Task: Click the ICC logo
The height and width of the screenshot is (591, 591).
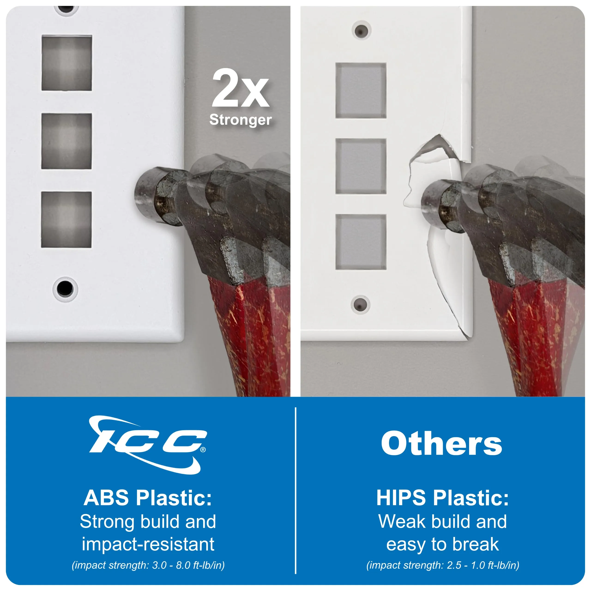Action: pyautogui.click(x=148, y=444)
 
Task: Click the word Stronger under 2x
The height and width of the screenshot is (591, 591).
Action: pyautogui.click(x=240, y=120)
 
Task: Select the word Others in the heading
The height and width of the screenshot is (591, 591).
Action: pyautogui.click(x=441, y=443)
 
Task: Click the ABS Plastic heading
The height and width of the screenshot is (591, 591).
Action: pyautogui.click(x=148, y=498)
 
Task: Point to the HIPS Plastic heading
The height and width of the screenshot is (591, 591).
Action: pyautogui.click(x=442, y=498)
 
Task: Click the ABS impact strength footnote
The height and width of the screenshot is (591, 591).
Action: pyautogui.click(x=148, y=565)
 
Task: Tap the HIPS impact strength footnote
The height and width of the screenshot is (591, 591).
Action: pyautogui.click(x=443, y=565)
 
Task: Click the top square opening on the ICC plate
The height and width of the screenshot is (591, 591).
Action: pyautogui.click(x=67, y=63)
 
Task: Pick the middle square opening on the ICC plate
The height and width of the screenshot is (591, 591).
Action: pyautogui.click(x=67, y=141)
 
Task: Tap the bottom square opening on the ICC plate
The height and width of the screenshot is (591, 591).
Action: pyautogui.click(x=66, y=220)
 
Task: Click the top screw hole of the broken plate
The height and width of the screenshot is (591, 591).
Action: pyautogui.click(x=361, y=31)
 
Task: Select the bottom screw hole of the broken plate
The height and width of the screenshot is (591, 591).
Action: pyautogui.click(x=360, y=305)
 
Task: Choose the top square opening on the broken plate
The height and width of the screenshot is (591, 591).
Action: pyautogui.click(x=361, y=90)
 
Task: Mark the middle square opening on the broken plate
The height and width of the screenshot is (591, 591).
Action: pyautogui.click(x=361, y=166)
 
